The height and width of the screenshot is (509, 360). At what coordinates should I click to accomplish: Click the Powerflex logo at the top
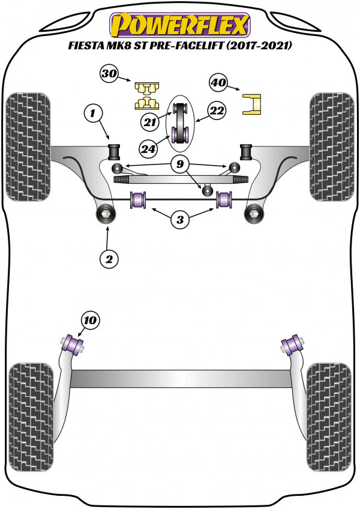[179, 26]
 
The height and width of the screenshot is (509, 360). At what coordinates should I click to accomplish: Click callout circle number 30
[109, 74]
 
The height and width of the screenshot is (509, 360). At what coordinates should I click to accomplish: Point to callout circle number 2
[109, 259]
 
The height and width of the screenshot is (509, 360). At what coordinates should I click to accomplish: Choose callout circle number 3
[179, 220]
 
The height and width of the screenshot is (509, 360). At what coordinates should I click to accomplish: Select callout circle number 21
[150, 122]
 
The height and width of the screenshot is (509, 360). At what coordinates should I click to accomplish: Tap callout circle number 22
[217, 110]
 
